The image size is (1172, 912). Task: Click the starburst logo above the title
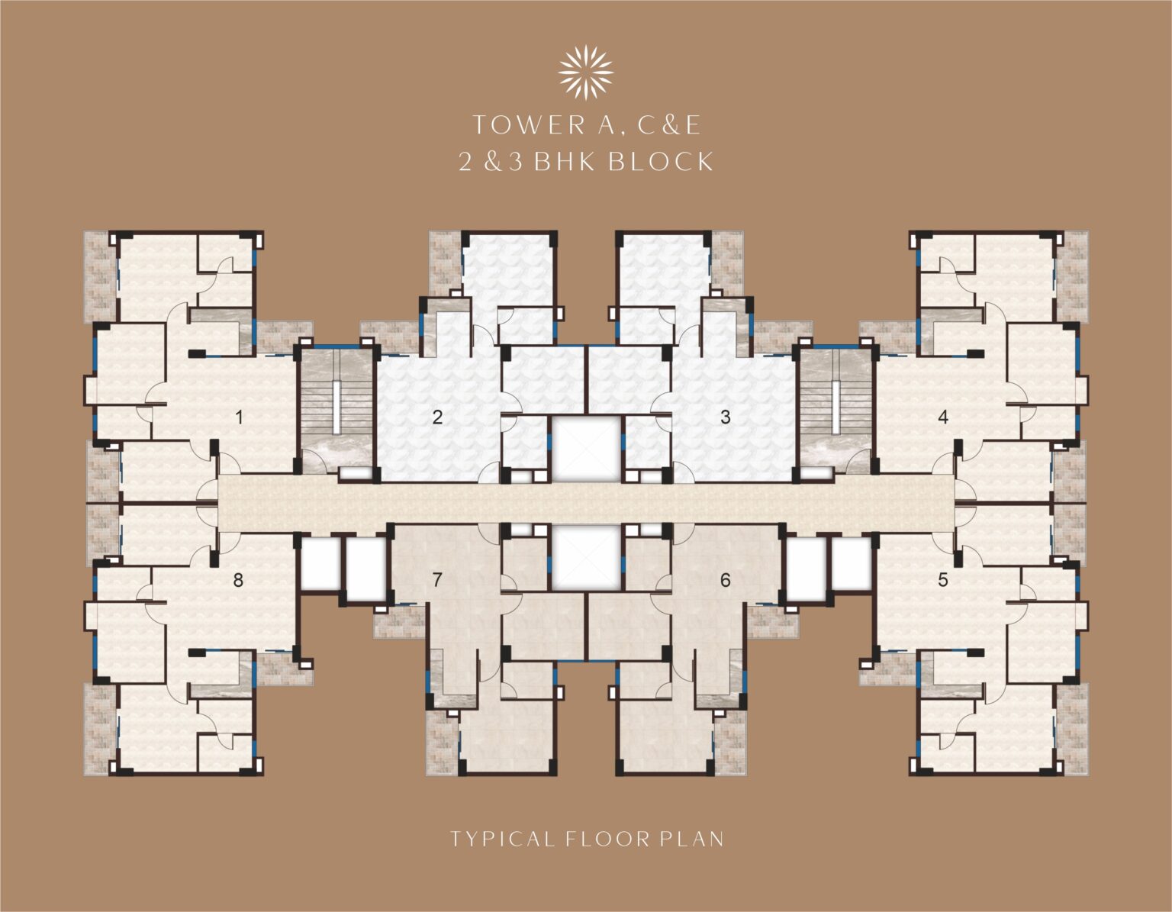[x=586, y=73]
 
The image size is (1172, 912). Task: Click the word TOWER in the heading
[x=529, y=125]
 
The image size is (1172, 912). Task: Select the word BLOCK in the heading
[x=662, y=161]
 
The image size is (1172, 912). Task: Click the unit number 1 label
[x=240, y=417]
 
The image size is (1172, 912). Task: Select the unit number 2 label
[x=437, y=417]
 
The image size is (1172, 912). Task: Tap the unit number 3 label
[x=726, y=417]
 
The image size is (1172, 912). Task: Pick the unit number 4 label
[x=943, y=417]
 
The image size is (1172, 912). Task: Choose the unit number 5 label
[x=943, y=580]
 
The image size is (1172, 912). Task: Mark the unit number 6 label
[x=726, y=580]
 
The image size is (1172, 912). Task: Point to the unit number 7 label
[x=437, y=580]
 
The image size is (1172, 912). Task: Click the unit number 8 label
[x=238, y=580]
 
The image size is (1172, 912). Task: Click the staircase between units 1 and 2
[x=336, y=410]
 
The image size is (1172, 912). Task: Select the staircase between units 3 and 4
[x=835, y=410]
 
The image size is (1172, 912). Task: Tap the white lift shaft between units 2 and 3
[x=586, y=449]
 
